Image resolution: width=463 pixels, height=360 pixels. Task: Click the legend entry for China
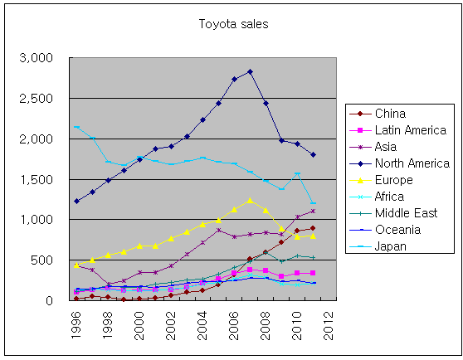[x=390, y=114]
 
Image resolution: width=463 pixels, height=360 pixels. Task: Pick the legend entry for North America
[x=411, y=163]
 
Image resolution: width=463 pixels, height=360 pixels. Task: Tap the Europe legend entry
[x=393, y=179]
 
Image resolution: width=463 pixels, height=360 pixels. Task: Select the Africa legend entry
[x=391, y=196]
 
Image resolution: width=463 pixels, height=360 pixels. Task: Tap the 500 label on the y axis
[x=42, y=260]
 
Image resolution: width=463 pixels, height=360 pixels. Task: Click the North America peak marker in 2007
[x=250, y=72]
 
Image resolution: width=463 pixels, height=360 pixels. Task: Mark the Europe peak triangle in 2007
[x=250, y=200]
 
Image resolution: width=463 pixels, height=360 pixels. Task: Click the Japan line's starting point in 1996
[x=76, y=127]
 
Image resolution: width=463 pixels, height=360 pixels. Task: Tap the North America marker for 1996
[x=76, y=201]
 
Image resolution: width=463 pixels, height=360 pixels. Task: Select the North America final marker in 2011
[x=313, y=154]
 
